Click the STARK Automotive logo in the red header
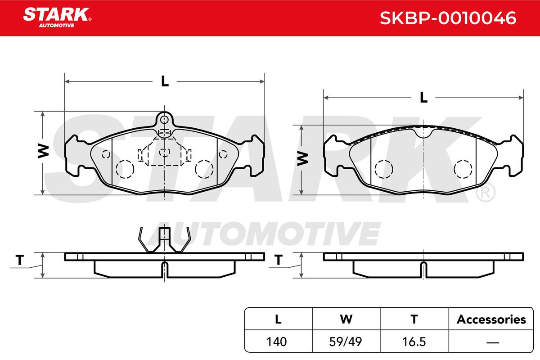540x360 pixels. coord(57,18)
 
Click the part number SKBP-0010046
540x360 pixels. coord(448,18)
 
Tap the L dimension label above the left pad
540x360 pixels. coord(165,81)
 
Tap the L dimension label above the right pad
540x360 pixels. coord(423,98)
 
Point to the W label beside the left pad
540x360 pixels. coord(43,152)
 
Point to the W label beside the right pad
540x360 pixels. coord(302,159)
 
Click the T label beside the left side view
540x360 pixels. coord(20,260)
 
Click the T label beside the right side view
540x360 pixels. coord(279,260)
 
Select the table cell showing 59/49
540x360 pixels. coord(346,342)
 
